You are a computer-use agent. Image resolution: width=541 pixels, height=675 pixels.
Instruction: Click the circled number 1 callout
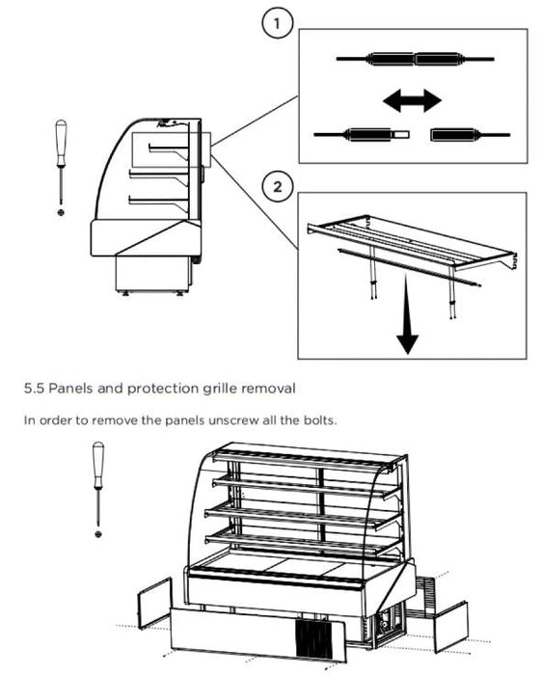277,23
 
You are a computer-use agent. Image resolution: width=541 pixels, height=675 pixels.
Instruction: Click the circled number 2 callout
278,186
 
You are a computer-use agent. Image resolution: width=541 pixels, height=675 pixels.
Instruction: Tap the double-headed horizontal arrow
412,100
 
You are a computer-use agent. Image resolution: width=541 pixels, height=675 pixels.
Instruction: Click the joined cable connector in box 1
415,59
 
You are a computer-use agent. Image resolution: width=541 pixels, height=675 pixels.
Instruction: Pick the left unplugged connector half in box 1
362,135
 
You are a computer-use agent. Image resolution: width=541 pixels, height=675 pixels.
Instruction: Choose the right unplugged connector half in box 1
470,135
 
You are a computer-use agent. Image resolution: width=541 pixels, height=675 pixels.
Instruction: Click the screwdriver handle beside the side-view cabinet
61,143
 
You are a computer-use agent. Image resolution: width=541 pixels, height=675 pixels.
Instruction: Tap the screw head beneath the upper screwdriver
61,212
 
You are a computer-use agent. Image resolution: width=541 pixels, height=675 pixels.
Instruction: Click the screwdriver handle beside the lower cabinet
98,466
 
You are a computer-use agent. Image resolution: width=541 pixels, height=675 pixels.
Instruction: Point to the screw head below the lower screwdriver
98,534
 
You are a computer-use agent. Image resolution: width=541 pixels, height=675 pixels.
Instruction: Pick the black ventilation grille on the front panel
313,638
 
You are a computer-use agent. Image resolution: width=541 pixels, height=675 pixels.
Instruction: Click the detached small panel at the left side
155,603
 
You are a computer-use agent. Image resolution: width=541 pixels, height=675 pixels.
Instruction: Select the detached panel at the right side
450,627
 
